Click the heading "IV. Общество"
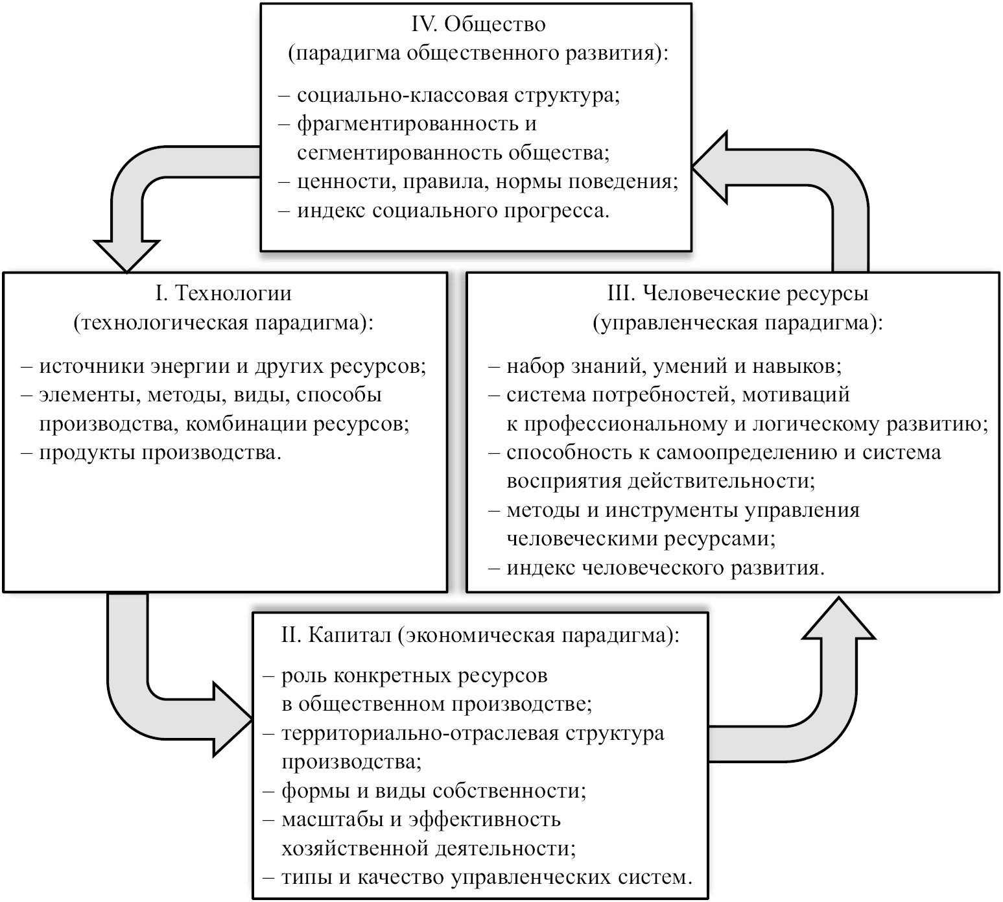click(478, 24)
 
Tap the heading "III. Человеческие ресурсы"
click(738, 293)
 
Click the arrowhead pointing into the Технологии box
click(127, 255)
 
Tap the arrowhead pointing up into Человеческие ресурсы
click(840, 619)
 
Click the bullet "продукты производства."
click(161, 452)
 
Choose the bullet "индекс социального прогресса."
click(453, 211)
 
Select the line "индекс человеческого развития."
click(665, 567)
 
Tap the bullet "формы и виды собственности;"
click(434, 790)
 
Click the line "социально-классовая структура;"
click(458, 95)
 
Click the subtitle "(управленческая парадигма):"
click(738, 322)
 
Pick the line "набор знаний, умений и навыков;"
click(674, 366)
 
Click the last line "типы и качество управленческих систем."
click(487, 877)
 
